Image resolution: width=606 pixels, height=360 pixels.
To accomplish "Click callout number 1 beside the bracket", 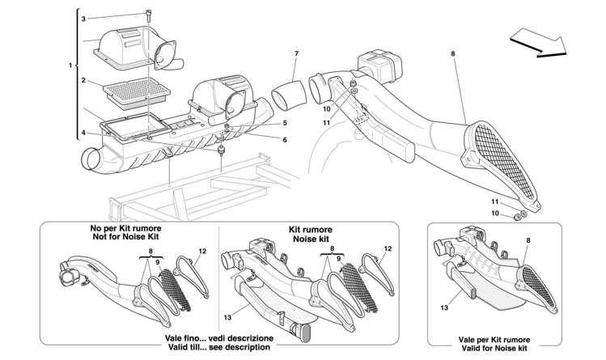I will click(72, 65).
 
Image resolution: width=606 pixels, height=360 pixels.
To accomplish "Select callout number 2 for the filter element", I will click(83, 80).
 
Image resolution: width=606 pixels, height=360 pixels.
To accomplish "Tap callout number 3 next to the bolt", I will click(83, 17).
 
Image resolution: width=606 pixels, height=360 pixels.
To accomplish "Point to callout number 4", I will click(83, 133).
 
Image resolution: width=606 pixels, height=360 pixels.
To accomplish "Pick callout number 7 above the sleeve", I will click(296, 54).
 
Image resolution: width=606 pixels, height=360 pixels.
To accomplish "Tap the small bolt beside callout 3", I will click(150, 14).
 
